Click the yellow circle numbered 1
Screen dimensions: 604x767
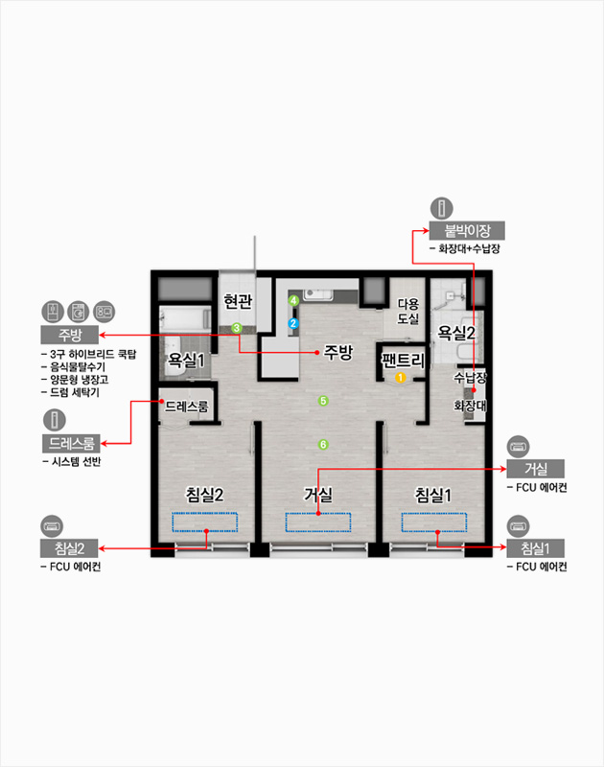click(401, 378)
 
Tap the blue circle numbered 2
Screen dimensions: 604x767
click(293, 323)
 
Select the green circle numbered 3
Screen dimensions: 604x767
click(237, 328)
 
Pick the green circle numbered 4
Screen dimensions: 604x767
click(293, 300)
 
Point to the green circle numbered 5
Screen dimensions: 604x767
click(323, 401)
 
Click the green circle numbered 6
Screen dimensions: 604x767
click(323, 444)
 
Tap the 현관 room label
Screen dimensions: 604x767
click(238, 301)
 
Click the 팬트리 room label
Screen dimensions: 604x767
click(403, 360)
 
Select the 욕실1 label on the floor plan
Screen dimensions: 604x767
click(186, 360)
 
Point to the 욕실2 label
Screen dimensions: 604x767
click(455, 333)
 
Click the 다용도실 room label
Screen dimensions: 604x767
click(407, 312)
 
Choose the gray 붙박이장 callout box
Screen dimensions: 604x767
click(467, 230)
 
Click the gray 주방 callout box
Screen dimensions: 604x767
click(69, 335)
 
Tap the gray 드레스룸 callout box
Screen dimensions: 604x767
click(71, 443)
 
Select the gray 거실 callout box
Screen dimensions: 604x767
click(536, 469)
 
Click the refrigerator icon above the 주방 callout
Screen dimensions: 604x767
click(53, 312)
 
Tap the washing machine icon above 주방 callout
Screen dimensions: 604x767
click(79, 312)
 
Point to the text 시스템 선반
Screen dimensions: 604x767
click(77, 462)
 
